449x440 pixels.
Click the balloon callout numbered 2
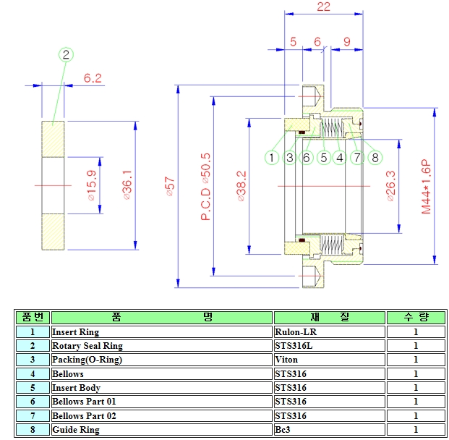[66, 54]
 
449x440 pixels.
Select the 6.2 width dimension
[93, 77]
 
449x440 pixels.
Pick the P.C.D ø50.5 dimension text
[206, 186]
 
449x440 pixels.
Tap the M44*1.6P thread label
[426, 186]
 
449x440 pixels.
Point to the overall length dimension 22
[323, 7]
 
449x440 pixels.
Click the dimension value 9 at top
[346, 42]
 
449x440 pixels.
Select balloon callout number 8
[375, 157]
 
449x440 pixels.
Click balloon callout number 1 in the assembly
[272, 157]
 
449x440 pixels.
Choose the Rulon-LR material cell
[328, 332]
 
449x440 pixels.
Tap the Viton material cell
[328, 360]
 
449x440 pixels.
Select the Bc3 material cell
[328, 429]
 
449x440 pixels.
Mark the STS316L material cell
[328, 346]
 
